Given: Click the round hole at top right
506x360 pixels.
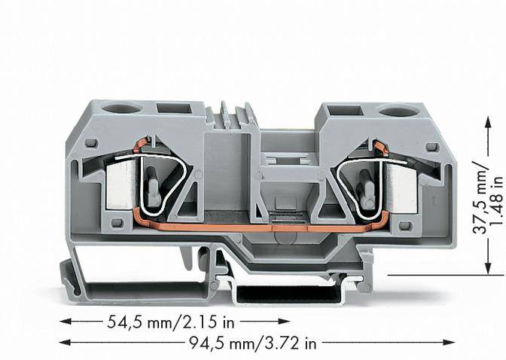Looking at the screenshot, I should point(392,111).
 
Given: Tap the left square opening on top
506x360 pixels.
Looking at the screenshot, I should point(174,108).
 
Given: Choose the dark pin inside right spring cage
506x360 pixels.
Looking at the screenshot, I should point(367,188).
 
